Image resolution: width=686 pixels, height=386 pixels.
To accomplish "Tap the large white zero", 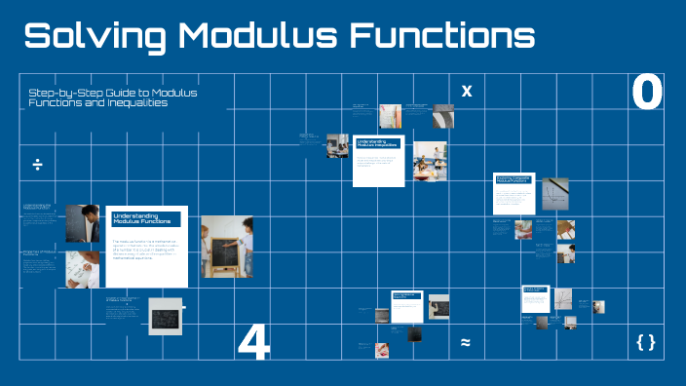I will click(x=647, y=93).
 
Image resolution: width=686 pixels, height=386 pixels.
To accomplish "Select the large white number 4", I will click(x=253, y=342).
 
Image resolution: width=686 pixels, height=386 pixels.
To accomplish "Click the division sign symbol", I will click(x=37, y=164).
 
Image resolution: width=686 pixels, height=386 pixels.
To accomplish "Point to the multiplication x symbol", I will click(x=466, y=92).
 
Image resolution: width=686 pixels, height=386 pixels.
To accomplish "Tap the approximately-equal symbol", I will click(x=466, y=342).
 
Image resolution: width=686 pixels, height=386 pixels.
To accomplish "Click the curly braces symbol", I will click(x=645, y=342).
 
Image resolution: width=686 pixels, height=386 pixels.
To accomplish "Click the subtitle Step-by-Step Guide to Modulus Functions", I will click(x=113, y=96).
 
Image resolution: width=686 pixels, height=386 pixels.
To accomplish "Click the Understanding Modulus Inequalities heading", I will click(x=377, y=143).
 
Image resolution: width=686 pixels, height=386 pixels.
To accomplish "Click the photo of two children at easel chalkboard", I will click(x=226, y=248).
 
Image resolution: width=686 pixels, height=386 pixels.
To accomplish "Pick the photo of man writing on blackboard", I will click(x=82, y=223).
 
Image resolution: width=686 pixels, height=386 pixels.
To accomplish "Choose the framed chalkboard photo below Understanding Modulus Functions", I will click(x=166, y=317).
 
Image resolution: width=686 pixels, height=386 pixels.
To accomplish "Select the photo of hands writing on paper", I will click(x=82, y=267).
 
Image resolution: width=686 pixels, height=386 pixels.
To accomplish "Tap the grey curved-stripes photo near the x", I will click(x=442, y=117).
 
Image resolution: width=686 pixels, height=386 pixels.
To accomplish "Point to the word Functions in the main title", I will click(x=444, y=36).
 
